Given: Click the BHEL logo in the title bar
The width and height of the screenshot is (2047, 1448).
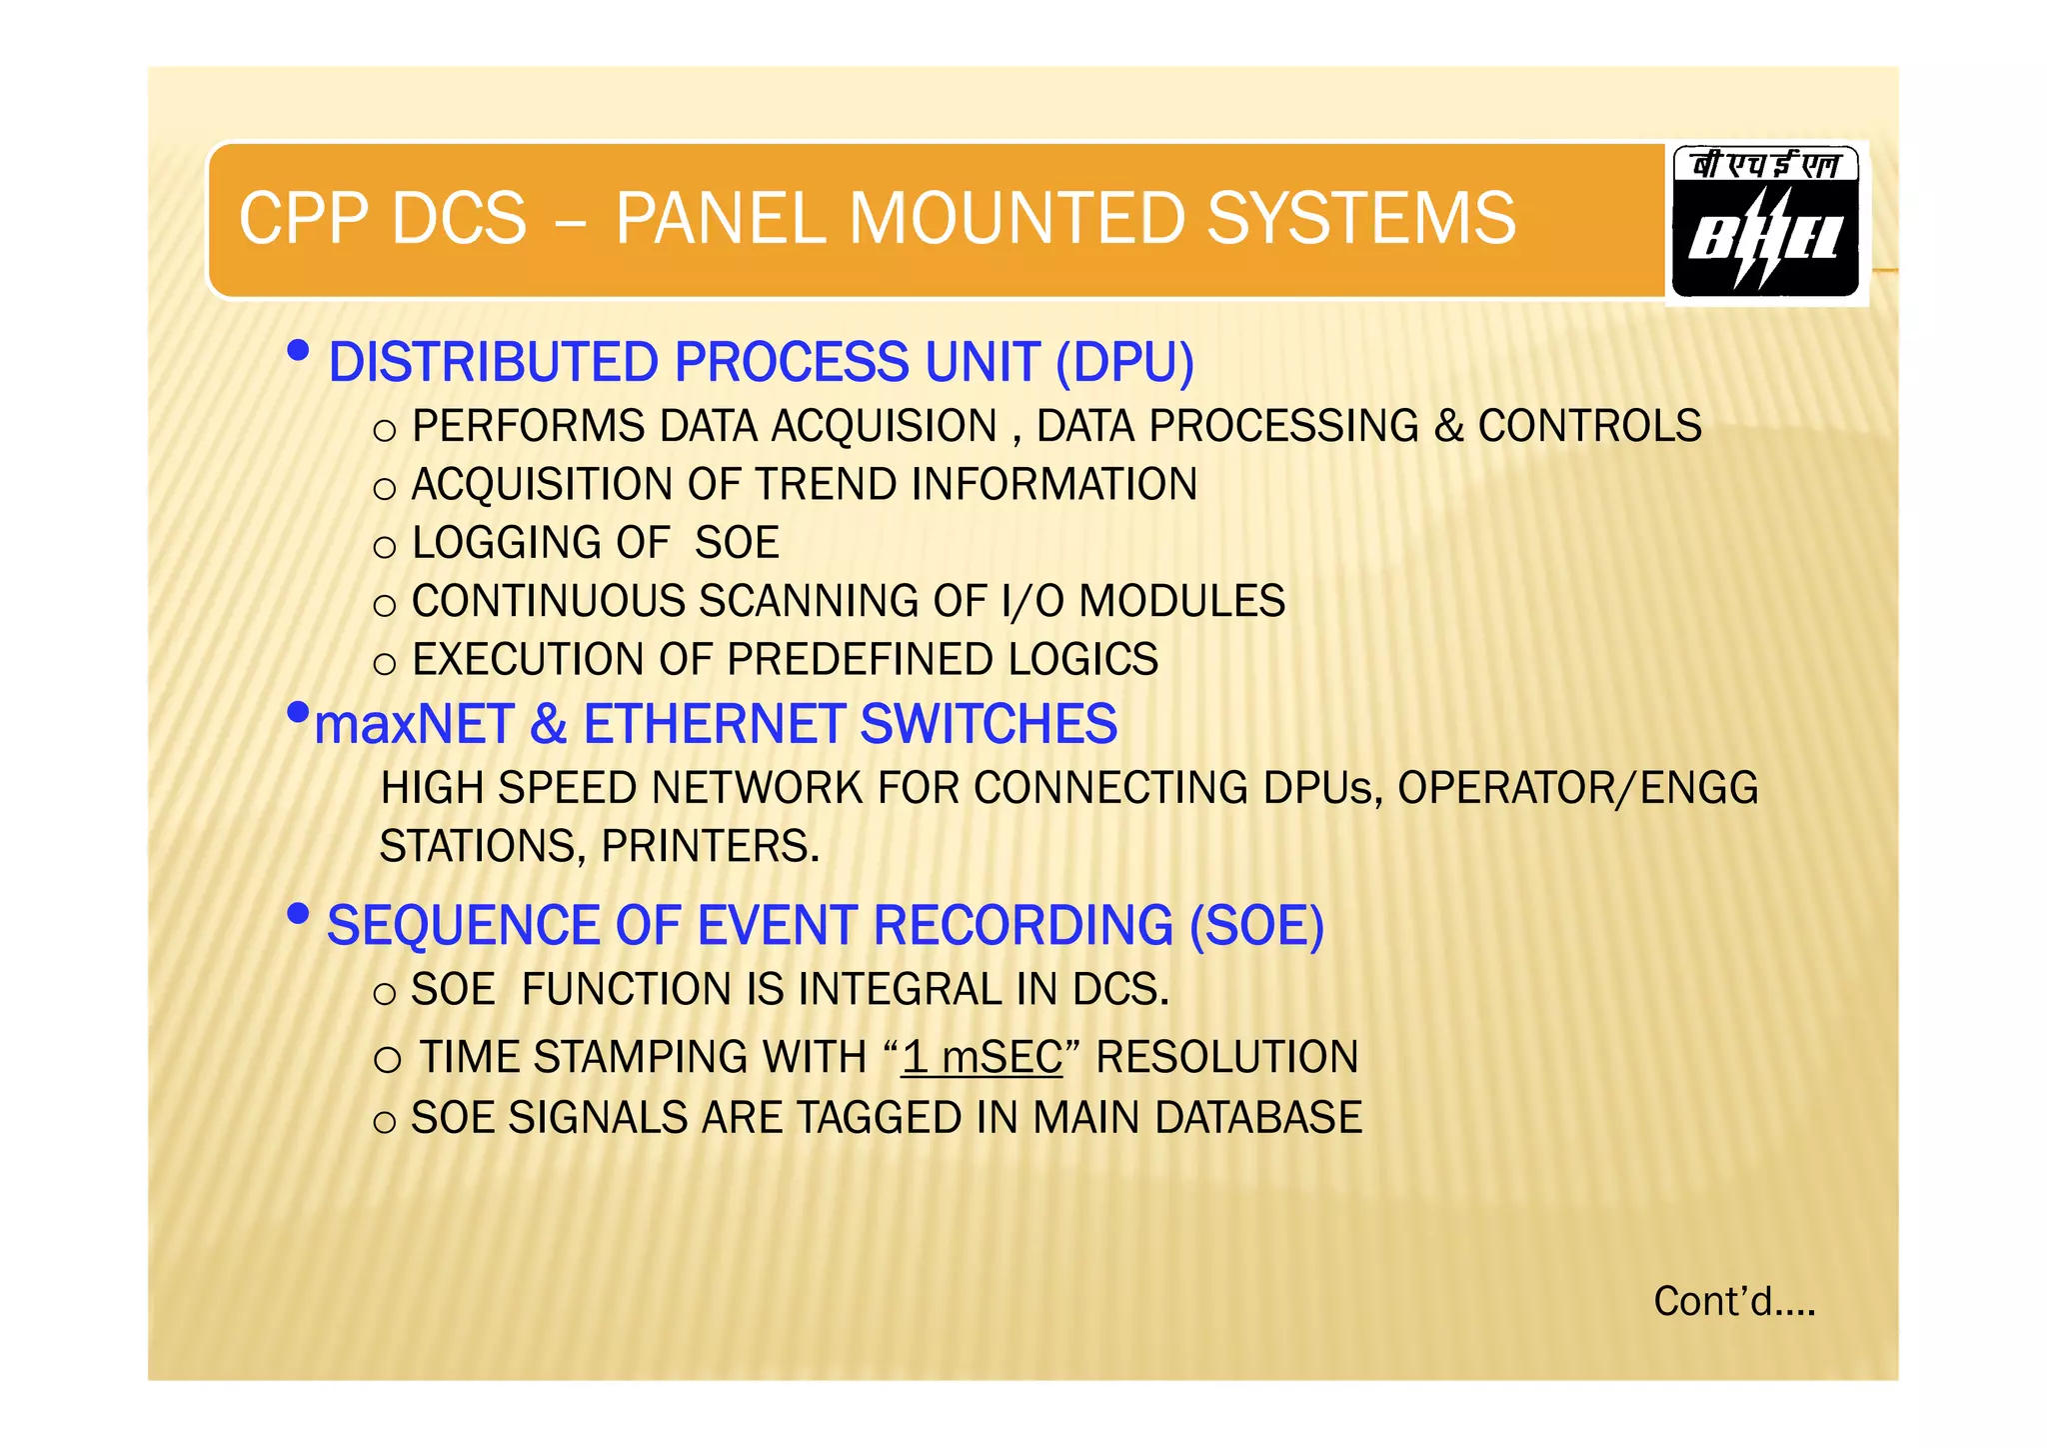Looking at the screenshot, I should click(1765, 223).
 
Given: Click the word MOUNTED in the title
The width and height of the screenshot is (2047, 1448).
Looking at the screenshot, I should click(1016, 218).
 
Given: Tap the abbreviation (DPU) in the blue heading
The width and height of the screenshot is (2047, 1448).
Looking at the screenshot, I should click(1124, 362).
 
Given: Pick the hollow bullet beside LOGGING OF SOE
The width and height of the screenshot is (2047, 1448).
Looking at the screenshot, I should click(385, 547).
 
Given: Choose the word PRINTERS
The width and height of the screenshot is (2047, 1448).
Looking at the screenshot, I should click(710, 847).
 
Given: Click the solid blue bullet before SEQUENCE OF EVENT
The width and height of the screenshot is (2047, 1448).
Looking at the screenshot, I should click(297, 914).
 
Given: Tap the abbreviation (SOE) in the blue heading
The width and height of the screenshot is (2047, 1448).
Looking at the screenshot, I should click(1256, 926).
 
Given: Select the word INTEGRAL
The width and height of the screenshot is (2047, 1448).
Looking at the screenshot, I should click(900, 990).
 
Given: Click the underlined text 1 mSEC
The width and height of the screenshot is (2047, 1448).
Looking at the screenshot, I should click(982, 1058).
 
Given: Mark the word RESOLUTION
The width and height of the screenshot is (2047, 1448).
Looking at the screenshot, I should click(1226, 1058).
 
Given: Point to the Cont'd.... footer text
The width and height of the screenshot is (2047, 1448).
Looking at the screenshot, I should click(1734, 1302).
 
